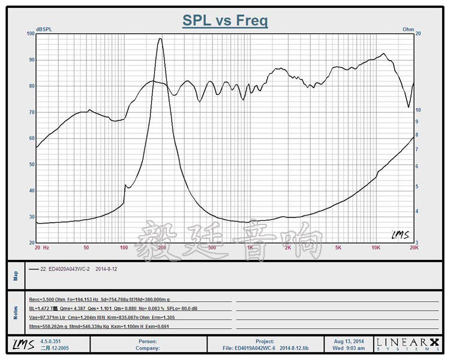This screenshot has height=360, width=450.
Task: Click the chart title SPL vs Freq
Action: (225, 20)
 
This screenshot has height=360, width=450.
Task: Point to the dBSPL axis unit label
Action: (44, 29)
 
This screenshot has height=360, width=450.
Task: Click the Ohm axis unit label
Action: (408, 29)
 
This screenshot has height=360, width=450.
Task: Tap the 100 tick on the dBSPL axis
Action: (31, 34)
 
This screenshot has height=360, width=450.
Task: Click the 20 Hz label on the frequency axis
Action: (41, 247)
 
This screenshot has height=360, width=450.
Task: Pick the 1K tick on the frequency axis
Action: (250, 247)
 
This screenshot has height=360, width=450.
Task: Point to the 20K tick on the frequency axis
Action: (413, 247)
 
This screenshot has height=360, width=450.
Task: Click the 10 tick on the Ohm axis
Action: (419, 110)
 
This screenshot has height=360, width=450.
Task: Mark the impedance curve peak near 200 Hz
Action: (160, 39)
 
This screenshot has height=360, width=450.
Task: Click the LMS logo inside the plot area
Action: (400, 235)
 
